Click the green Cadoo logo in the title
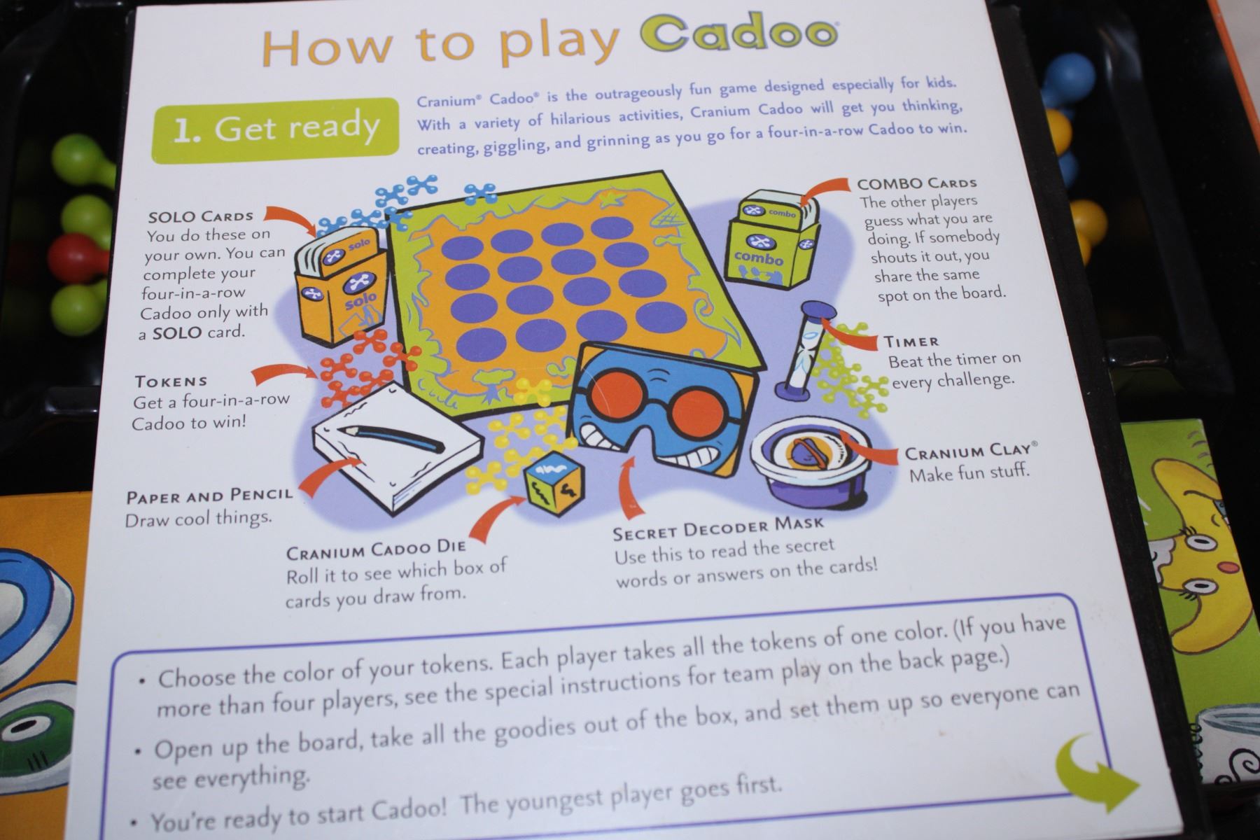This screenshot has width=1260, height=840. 739,35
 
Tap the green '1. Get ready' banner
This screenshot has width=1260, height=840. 275,129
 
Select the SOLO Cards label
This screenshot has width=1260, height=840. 201,216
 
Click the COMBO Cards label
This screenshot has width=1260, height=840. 917,183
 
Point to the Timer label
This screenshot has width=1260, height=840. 911,342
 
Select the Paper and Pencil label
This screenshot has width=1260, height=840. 209,496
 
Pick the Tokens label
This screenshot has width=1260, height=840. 171,381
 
